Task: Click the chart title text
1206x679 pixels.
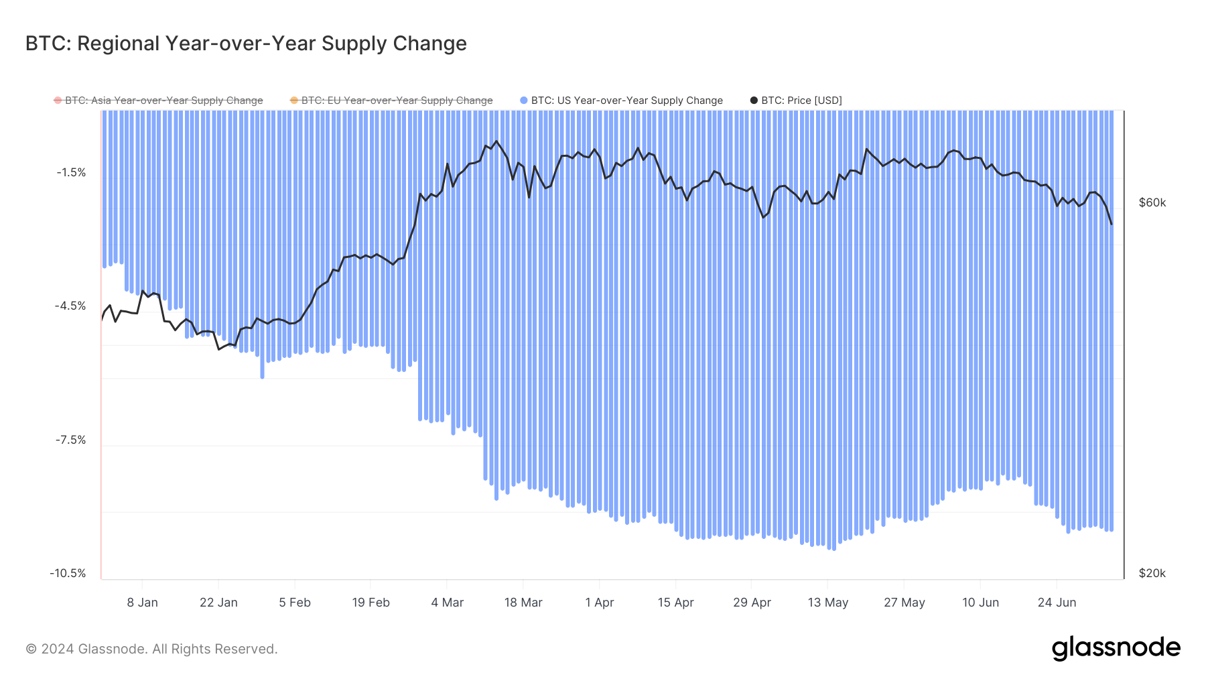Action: pyautogui.click(x=246, y=44)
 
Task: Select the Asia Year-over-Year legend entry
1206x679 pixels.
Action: pyautogui.click(x=163, y=101)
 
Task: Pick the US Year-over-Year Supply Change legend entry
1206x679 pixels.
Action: pyautogui.click(x=626, y=101)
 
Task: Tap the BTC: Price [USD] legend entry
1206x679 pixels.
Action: pyautogui.click(x=801, y=101)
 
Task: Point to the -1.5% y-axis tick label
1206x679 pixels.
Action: pyautogui.click(x=71, y=173)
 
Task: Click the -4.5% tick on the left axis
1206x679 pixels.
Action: pyautogui.click(x=70, y=306)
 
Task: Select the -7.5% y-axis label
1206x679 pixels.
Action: pyautogui.click(x=70, y=440)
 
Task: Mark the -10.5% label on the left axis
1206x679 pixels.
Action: pyautogui.click(x=68, y=574)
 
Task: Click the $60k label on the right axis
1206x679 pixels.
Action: pyautogui.click(x=1152, y=203)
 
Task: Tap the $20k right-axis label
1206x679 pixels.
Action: pyautogui.click(x=1152, y=574)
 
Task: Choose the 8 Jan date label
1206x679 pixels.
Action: pyautogui.click(x=142, y=603)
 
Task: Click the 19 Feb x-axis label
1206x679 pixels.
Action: pyautogui.click(x=371, y=603)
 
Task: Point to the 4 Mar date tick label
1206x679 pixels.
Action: pyautogui.click(x=447, y=603)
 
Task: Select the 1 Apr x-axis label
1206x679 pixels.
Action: pyautogui.click(x=599, y=603)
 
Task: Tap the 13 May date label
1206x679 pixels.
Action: pyautogui.click(x=827, y=603)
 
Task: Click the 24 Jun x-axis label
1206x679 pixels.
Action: pyautogui.click(x=1057, y=603)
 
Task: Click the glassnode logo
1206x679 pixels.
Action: pyautogui.click(x=1116, y=648)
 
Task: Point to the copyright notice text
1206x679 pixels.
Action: pyautogui.click(x=151, y=649)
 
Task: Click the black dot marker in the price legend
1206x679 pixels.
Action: pyautogui.click(x=754, y=101)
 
